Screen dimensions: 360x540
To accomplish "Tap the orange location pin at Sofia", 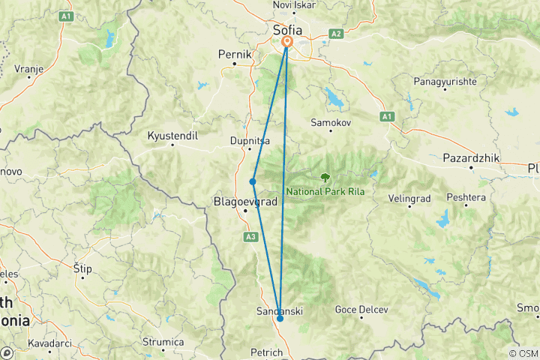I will (286, 43).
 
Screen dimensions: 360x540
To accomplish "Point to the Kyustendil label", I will (172, 136).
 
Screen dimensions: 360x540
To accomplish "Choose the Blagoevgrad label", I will (246, 202).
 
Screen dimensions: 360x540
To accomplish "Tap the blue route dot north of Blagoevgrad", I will (253, 181).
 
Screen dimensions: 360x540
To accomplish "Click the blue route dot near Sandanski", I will (280, 319).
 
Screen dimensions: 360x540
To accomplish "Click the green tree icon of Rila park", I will (325, 178).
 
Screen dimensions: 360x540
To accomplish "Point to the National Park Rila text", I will (325, 191).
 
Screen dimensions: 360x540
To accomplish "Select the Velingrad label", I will (409, 199).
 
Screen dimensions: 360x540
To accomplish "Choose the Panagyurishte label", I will (444, 80).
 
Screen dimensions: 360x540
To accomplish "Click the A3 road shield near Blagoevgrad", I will (250, 237).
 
